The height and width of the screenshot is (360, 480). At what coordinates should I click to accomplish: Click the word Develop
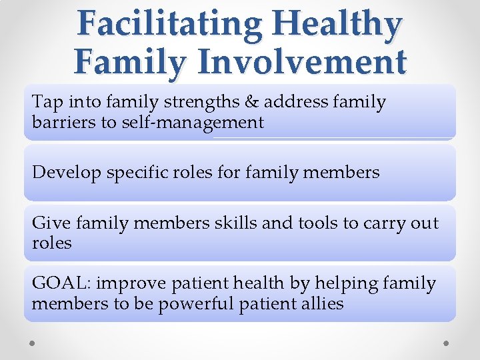click(x=63, y=173)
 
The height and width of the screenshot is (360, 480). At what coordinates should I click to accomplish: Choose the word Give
click(x=49, y=222)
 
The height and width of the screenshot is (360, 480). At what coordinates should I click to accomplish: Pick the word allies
click(x=322, y=303)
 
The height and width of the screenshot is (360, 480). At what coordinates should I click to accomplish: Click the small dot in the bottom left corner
click(x=31, y=342)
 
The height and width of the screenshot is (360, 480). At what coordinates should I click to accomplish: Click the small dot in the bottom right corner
click(x=447, y=342)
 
